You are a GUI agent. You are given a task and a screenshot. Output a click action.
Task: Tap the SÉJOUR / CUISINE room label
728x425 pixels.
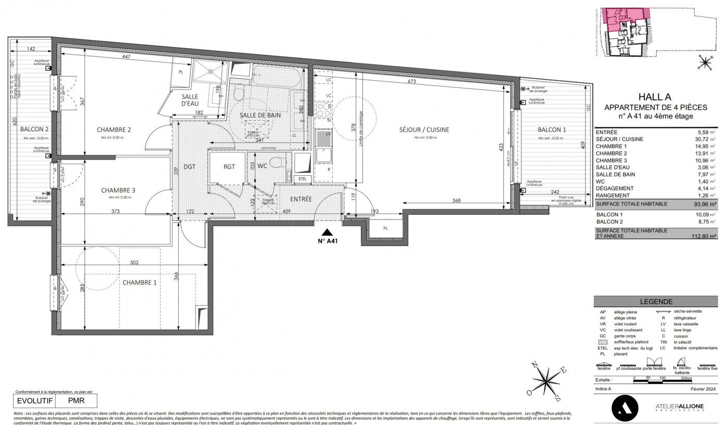pyautogui.click(x=424, y=130)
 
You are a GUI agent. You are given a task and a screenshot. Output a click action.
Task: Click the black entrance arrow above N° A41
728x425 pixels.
pyautogui.click(x=327, y=233)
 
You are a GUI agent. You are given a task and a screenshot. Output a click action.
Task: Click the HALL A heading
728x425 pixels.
pyautogui.click(x=654, y=97)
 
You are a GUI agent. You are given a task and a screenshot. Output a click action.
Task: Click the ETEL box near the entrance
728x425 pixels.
pyautogui.click(x=302, y=179)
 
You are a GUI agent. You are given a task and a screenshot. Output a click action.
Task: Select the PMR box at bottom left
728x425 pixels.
pyautogui.click(x=76, y=401)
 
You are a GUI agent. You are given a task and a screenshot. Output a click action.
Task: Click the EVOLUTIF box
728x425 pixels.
pyautogui.click(x=35, y=401)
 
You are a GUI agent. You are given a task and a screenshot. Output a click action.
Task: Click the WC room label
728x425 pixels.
pyautogui.click(x=262, y=166)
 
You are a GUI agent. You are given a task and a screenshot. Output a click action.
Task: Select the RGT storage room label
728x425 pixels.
pyautogui.click(x=229, y=167)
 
